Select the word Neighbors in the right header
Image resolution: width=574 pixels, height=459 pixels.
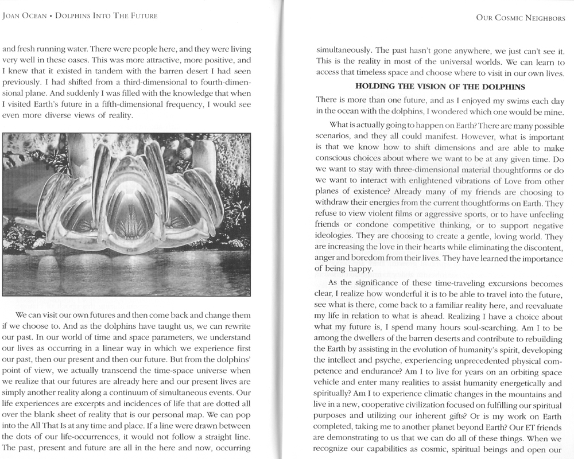(543, 19)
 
